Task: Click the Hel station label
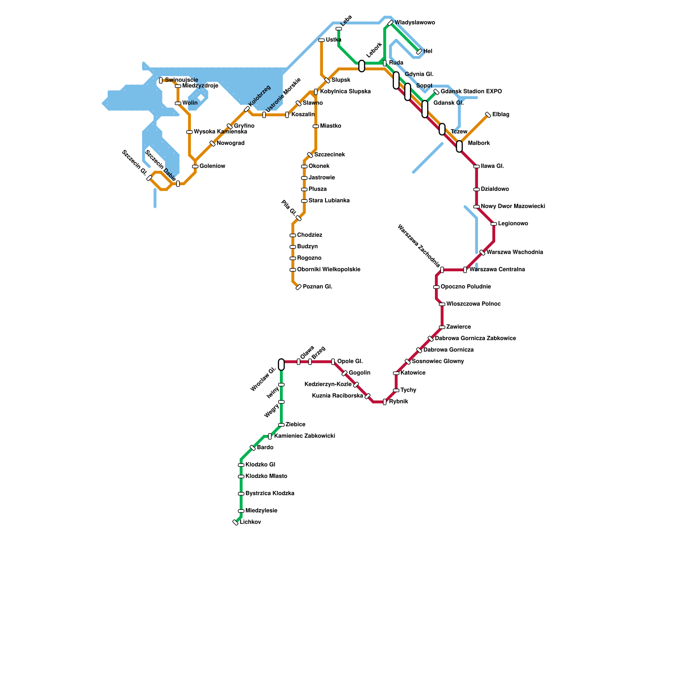428,52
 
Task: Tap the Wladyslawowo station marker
390,23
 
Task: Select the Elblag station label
501,115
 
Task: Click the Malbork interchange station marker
459,146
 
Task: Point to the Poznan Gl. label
317,287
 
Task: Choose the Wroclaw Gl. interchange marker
281,364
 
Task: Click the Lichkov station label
250,522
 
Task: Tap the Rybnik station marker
385,402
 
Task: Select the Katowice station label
413,373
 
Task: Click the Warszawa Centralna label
497,270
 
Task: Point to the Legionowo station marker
493,224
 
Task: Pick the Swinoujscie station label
181,80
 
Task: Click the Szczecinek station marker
310,155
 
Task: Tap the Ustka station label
333,40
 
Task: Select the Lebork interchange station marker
362,66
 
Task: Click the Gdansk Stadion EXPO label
471,92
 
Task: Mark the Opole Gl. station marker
333,362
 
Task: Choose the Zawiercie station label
459,327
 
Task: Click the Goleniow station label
212,166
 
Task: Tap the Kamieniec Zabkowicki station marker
270,436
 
